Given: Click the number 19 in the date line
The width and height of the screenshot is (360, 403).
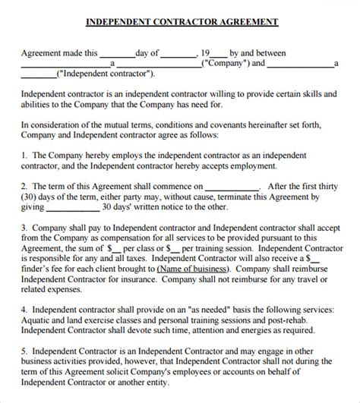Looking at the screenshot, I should click(204, 53).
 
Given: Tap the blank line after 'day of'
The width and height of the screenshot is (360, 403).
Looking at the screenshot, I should click(178, 55).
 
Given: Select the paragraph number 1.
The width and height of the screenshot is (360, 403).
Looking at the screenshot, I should click(24, 153).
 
